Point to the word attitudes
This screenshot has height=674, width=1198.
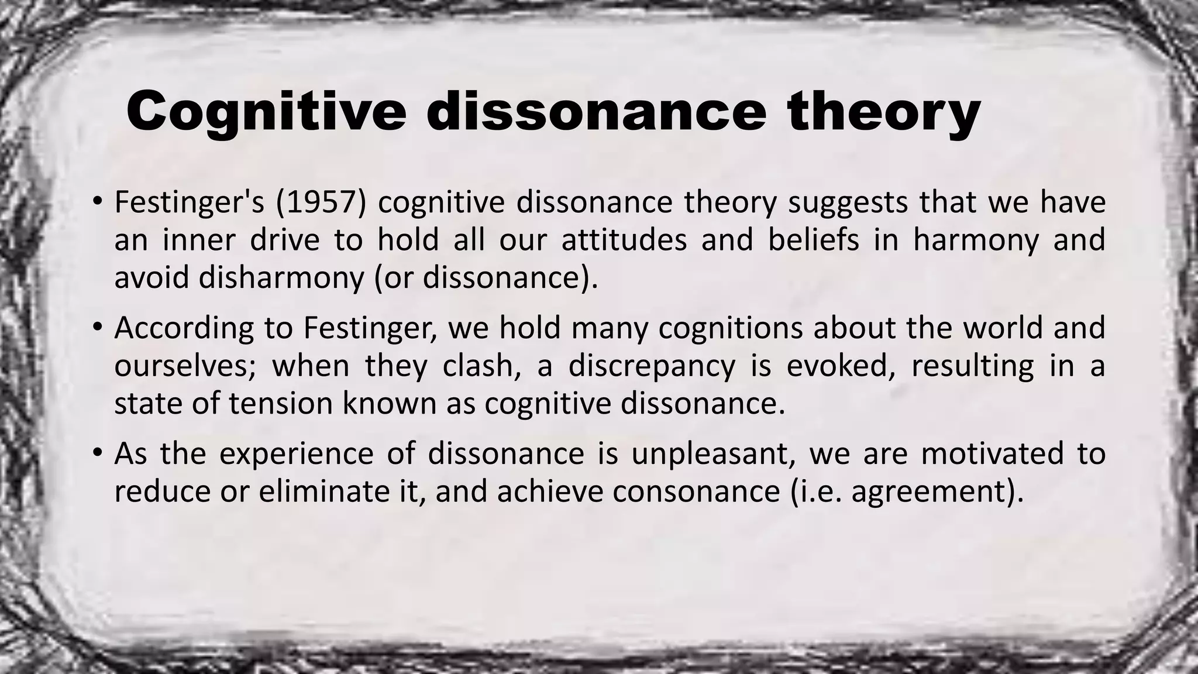(624, 240)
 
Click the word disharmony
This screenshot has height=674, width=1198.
(281, 277)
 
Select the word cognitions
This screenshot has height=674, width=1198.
(731, 328)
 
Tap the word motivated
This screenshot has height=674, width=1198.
(992, 454)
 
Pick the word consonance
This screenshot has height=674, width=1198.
(696, 491)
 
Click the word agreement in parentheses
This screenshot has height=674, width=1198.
(930, 491)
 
